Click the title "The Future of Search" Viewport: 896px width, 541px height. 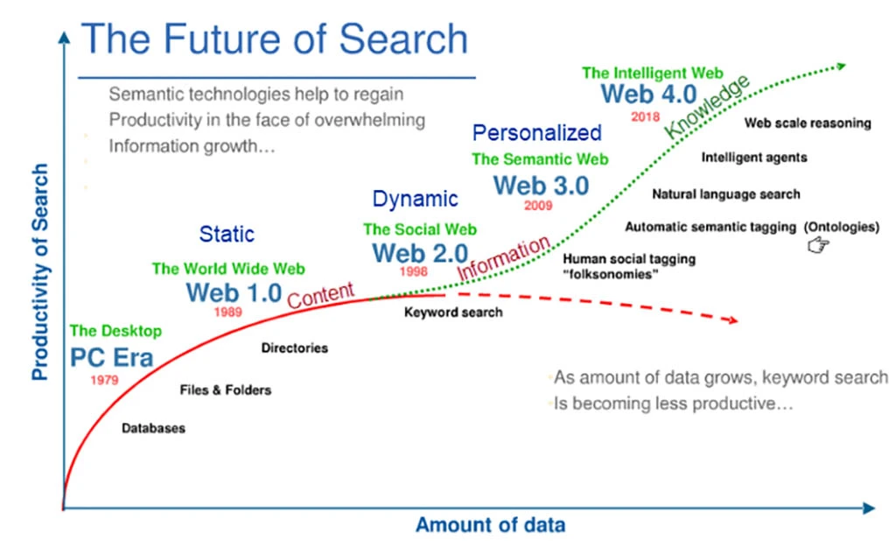click(275, 39)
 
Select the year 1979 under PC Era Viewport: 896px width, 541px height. click(104, 381)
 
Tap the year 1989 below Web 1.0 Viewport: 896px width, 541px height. click(227, 312)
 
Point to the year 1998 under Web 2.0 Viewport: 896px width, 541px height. click(414, 272)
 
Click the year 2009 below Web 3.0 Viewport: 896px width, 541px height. click(538, 207)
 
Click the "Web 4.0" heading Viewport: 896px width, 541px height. click(647, 95)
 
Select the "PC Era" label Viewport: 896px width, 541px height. click(111, 358)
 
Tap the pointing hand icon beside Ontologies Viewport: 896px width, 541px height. click(818, 247)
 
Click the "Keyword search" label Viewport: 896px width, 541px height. click(453, 312)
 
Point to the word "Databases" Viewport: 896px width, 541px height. click(153, 429)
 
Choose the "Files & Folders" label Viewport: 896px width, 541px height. click(225, 390)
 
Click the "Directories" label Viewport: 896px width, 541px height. click(295, 348)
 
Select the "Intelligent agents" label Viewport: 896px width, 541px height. click(754, 158)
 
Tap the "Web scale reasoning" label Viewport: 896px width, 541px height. click(808, 123)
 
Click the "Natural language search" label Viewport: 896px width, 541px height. click(726, 193)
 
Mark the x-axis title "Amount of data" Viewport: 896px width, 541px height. click(490, 525)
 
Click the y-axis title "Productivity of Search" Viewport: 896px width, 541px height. click(39, 271)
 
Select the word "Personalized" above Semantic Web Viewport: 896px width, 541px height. click(537, 133)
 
